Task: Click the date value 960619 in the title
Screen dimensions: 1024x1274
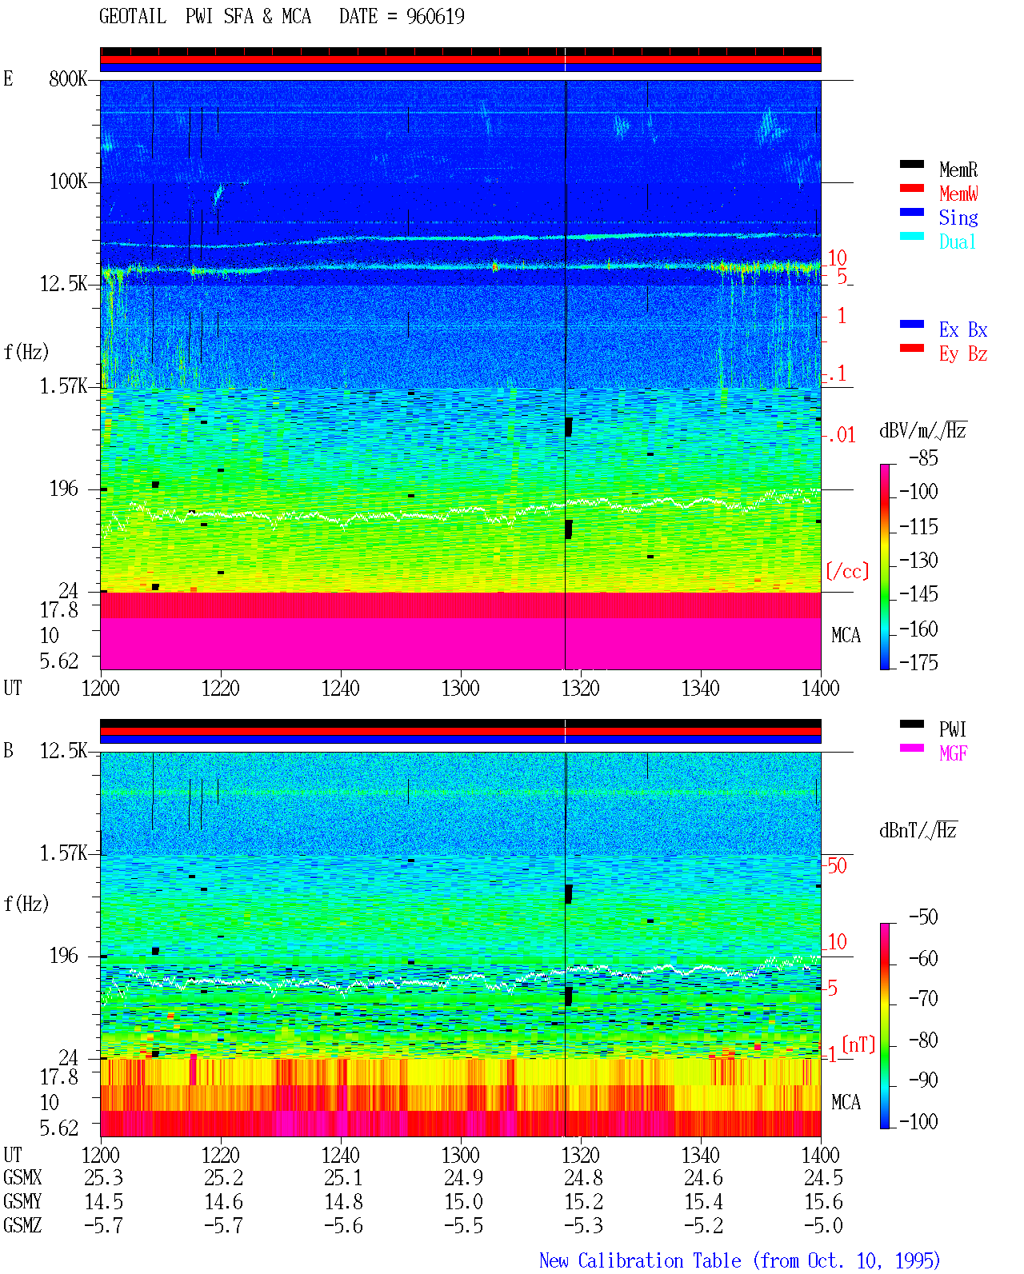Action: (x=435, y=16)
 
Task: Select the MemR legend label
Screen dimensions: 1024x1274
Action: (x=958, y=170)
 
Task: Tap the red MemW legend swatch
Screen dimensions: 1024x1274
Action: (x=912, y=188)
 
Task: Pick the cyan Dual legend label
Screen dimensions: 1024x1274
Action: (x=957, y=242)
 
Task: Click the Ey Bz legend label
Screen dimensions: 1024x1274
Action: (x=963, y=353)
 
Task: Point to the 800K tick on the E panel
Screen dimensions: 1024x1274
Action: (x=68, y=78)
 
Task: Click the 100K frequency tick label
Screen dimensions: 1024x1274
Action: (x=68, y=182)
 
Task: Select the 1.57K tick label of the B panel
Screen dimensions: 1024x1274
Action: (x=63, y=853)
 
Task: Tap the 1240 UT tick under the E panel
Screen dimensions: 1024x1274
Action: (x=341, y=688)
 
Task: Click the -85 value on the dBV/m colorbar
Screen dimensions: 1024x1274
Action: (x=923, y=457)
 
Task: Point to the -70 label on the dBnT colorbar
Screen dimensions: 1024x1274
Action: (x=923, y=999)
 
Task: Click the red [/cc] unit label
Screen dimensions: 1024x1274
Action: (x=847, y=571)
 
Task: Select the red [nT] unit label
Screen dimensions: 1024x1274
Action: (x=858, y=1044)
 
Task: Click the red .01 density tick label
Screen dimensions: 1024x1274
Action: (x=839, y=436)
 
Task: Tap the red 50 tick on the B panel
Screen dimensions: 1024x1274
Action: (x=837, y=866)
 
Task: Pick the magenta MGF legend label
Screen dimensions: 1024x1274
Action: (x=954, y=753)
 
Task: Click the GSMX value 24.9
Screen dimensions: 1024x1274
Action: (x=463, y=1177)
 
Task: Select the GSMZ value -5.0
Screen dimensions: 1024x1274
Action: (x=823, y=1225)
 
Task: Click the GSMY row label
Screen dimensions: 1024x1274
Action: (x=22, y=1201)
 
